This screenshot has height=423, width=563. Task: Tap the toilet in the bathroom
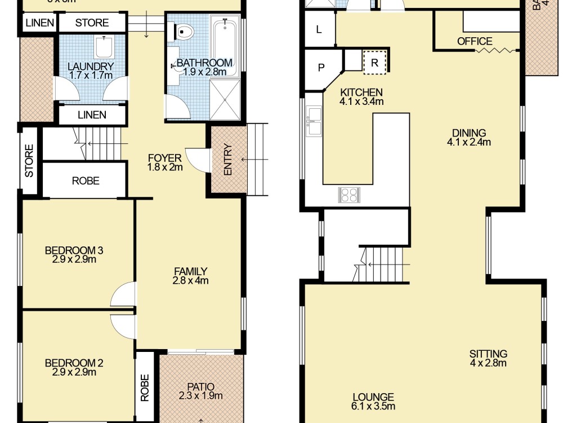(184, 32)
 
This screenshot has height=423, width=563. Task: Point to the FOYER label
(164, 157)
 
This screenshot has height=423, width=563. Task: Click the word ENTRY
(227, 160)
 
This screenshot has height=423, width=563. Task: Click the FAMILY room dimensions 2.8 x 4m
(191, 280)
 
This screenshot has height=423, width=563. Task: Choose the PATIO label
(201, 386)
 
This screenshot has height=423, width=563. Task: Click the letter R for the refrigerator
(373, 62)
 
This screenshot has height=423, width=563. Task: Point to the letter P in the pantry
(321, 68)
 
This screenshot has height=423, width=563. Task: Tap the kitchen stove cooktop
(348, 195)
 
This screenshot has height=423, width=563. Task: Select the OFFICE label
(475, 41)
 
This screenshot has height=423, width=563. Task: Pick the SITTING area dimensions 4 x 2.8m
(488, 363)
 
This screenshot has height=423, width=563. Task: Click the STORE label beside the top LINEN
(92, 23)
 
